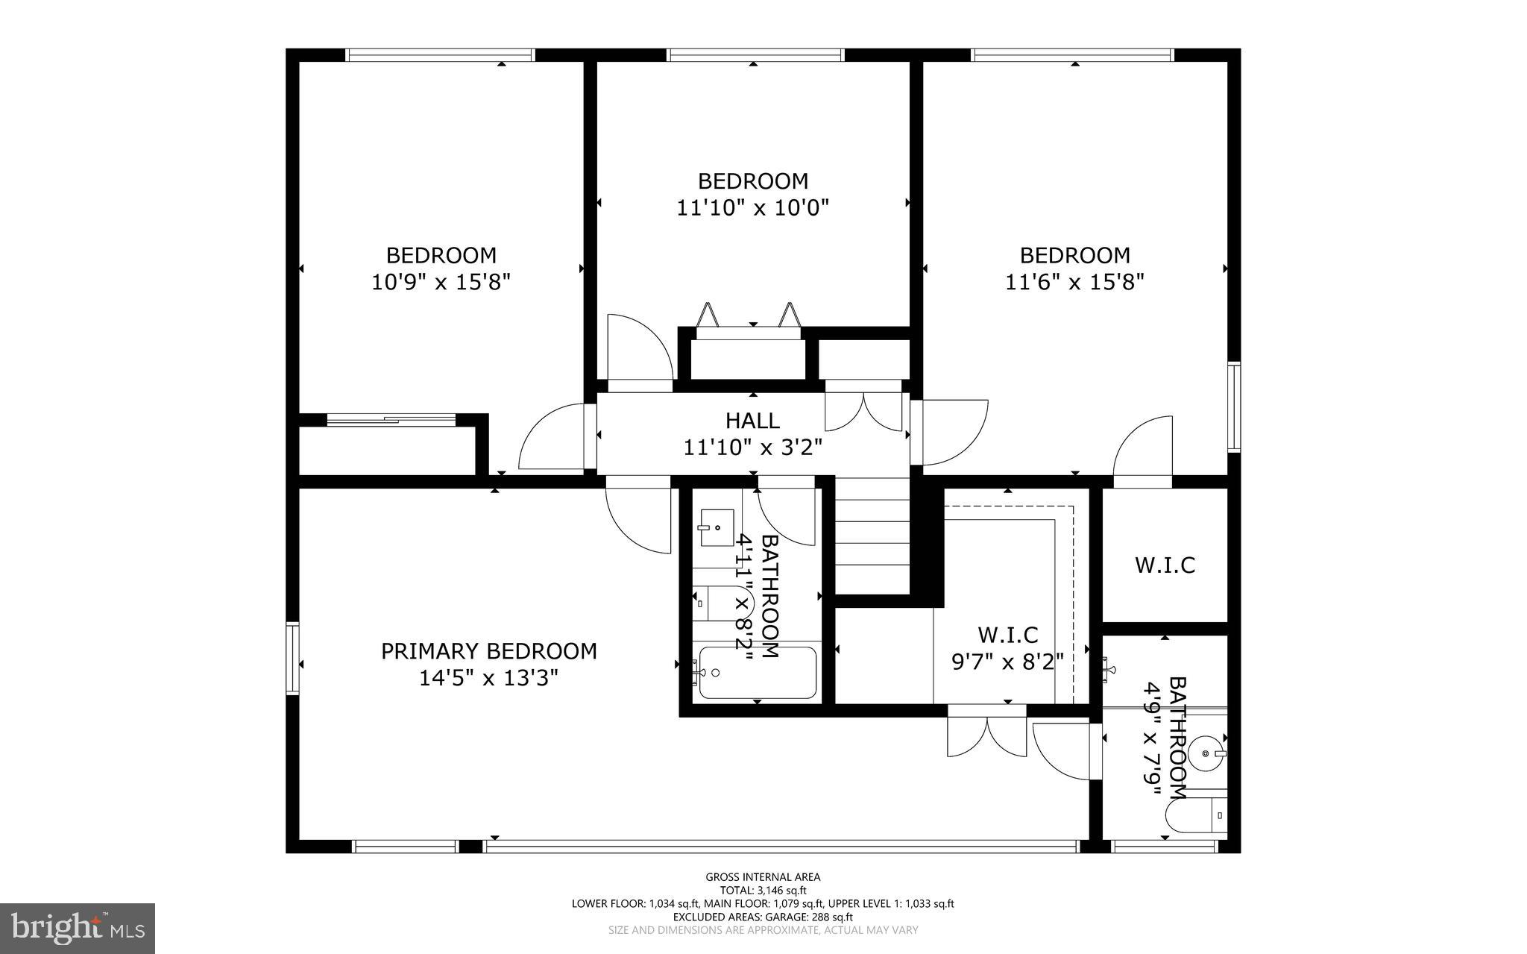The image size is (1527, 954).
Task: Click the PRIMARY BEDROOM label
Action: pos(488,651)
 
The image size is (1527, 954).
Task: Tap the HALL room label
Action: pos(752,421)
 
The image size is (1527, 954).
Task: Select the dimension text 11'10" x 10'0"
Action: pos(752,207)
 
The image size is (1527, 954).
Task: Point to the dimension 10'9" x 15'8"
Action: pos(441,282)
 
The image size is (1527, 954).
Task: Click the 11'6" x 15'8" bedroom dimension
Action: pos(1074,282)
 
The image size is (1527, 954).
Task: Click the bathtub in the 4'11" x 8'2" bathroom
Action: pos(758,672)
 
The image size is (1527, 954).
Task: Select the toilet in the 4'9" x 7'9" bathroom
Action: pos(1197,815)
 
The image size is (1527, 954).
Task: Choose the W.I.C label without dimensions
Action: pos(1165,565)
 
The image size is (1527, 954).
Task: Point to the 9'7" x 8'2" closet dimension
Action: pos(1007,662)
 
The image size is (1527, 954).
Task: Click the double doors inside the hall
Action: pos(863,412)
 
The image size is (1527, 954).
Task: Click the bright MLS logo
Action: pos(77,928)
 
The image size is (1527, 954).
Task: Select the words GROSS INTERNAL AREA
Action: pos(763,877)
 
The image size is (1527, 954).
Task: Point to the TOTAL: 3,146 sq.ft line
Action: pos(763,891)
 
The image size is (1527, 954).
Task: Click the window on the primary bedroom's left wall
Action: pos(292,659)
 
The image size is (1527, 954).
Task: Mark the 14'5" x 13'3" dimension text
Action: pos(488,678)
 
